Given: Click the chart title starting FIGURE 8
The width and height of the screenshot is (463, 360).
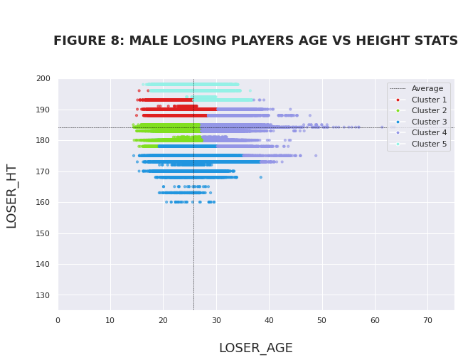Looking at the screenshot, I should click(255, 41).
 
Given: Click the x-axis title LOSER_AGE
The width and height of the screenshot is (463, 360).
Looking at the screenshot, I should click(255, 348).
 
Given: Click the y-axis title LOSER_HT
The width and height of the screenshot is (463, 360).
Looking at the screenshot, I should click(11, 196).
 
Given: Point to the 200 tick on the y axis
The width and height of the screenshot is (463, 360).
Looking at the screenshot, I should click(43, 78).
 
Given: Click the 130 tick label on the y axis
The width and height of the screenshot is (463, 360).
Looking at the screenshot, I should click(43, 295).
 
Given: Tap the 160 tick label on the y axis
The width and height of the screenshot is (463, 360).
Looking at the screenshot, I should click(43, 202).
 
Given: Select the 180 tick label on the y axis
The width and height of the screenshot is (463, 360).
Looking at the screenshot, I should click(43, 140).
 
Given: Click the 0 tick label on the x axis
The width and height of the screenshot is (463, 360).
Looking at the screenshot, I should click(58, 320).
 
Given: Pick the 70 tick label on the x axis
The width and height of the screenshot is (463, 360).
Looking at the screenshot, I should click(427, 320).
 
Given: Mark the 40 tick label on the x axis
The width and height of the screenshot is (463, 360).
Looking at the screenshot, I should click(269, 320).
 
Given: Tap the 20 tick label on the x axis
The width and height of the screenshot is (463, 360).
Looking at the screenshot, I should click(164, 320).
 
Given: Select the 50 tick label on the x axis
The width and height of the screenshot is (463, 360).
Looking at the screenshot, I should click(321, 320).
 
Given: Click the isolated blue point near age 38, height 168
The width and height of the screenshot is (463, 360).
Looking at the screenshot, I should click(260, 177).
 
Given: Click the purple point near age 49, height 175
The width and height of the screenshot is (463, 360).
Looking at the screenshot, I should click(316, 155).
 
